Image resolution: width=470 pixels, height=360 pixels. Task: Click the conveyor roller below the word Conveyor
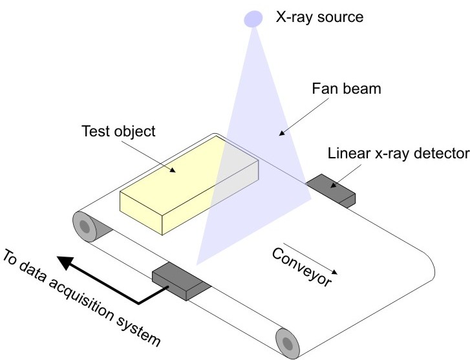(x=286, y=341)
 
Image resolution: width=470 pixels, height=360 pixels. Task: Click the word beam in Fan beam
(x=372, y=89)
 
